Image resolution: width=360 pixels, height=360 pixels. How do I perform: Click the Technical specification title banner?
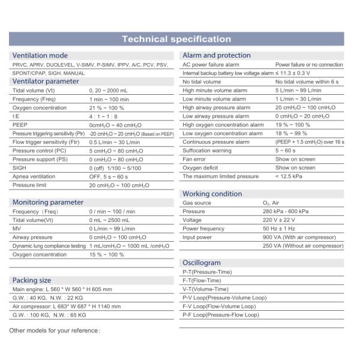coord(176,40)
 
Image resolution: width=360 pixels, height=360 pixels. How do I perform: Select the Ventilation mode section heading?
coord(40,55)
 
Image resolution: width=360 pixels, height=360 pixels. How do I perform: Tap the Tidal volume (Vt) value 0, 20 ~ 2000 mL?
coord(112,90)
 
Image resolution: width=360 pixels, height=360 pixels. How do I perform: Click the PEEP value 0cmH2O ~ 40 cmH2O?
coord(115,125)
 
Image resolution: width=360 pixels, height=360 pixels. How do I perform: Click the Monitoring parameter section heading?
coord(48,202)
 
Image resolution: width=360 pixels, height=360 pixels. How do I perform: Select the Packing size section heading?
coord(32,280)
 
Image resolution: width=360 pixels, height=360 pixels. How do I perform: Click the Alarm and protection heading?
coord(217,55)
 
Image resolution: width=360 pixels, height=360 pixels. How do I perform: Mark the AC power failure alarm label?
coord(211,64)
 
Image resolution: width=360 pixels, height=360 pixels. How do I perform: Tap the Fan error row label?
coord(194,159)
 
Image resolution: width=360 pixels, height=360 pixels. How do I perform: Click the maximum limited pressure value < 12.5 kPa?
coord(290,176)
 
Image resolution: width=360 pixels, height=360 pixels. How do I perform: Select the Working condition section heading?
coord(212,194)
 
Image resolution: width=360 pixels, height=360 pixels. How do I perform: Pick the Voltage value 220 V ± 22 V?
coord(284,220)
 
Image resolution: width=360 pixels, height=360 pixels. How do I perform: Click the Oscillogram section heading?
coord(201,263)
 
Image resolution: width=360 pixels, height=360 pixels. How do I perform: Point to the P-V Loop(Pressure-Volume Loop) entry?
coord(224,298)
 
